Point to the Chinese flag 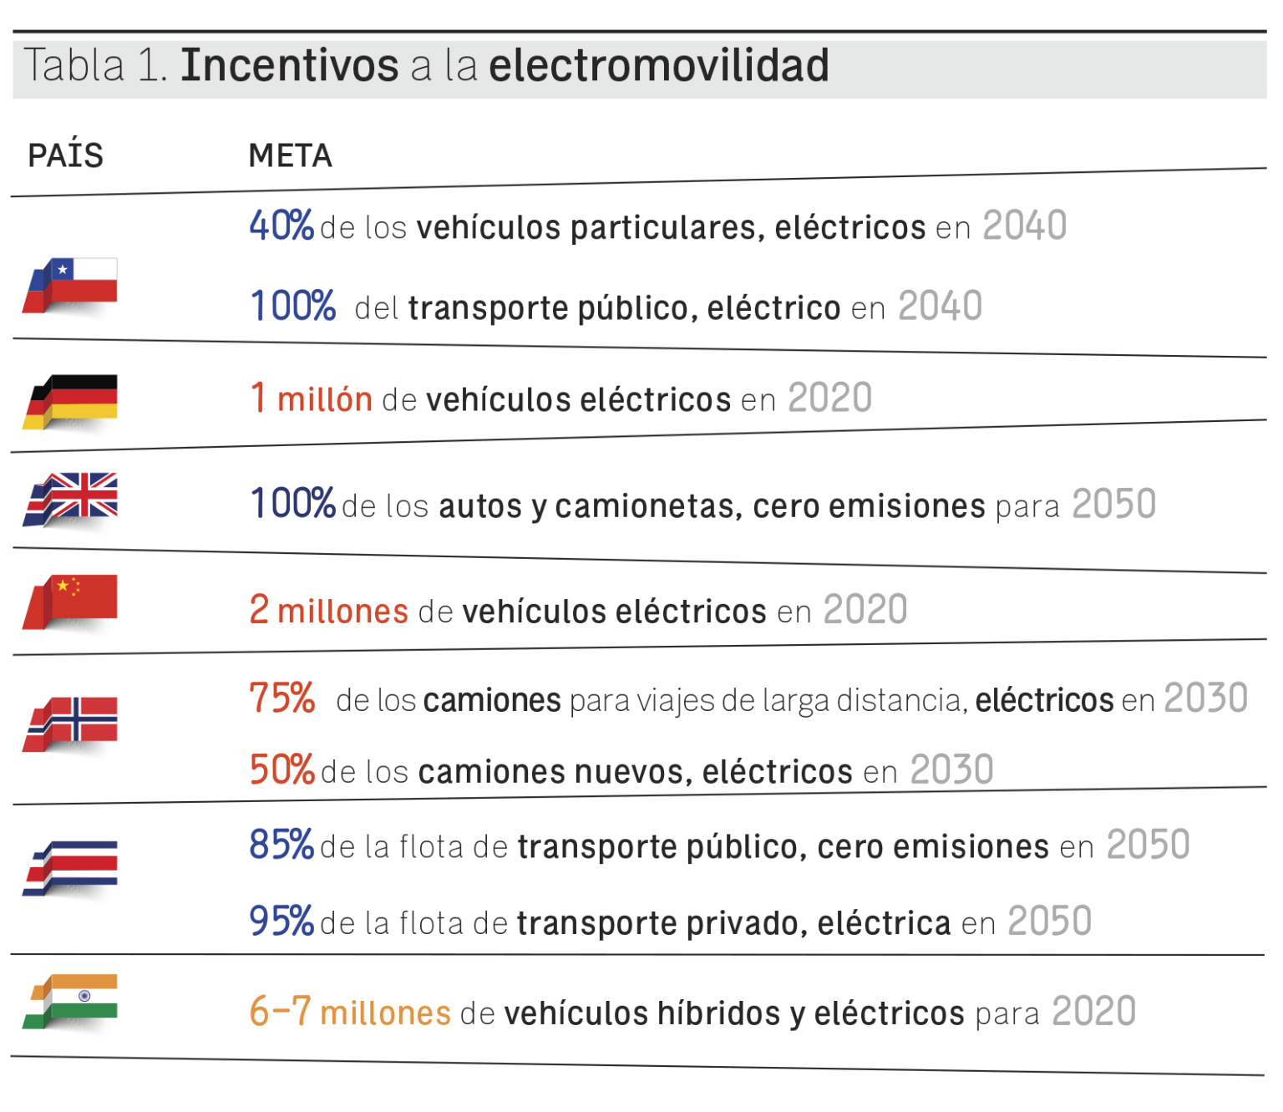[x=72, y=599]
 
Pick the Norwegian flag [x=72, y=722]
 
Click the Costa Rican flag [x=72, y=866]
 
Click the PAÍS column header [x=65, y=155]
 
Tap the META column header [x=290, y=155]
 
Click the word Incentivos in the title [x=289, y=65]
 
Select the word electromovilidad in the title [x=658, y=65]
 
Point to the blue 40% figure [x=281, y=226]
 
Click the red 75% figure [x=282, y=698]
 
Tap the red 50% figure [x=281, y=769]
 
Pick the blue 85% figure [x=281, y=845]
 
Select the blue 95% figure [x=281, y=921]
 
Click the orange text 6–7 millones [x=350, y=1012]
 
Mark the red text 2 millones [x=328, y=610]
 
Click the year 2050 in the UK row [x=1113, y=505]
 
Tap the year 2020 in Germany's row [x=829, y=398]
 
